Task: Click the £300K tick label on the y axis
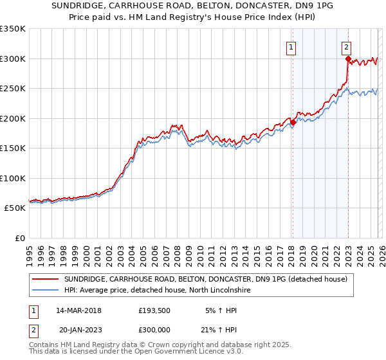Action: tap(13, 59)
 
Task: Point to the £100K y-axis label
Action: tap(13, 178)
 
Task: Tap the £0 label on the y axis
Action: tap(19, 239)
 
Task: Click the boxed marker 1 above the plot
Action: tap(291, 46)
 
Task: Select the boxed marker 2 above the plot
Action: tap(346, 46)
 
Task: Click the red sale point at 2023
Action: tap(347, 59)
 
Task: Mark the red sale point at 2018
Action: tap(293, 122)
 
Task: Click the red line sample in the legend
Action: tap(46, 279)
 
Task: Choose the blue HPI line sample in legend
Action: tap(46, 290)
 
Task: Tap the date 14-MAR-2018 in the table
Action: tap(79, 310)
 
